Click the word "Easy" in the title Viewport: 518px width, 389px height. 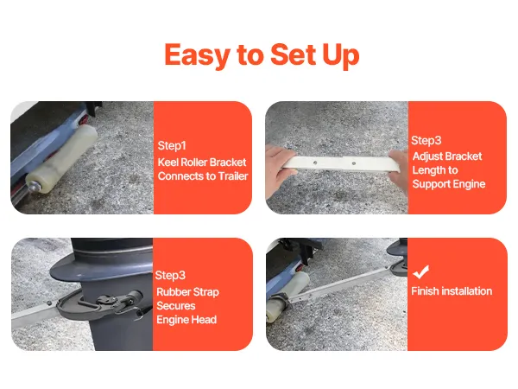click(197, 55)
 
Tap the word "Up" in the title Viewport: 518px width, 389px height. click(341, 55)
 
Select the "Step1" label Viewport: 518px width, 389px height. click(172, 145)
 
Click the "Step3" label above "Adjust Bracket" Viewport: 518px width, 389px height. click(426, 140)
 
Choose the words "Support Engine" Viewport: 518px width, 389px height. click(449, 184)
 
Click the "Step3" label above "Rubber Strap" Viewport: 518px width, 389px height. click(170, 275)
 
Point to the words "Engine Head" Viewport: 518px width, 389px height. click(186, 320)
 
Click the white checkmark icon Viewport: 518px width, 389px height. click(421, 271)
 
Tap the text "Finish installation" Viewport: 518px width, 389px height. click(452, 291)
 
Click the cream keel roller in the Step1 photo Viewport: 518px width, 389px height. click(62, 158)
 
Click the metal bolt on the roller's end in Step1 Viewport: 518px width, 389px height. click(34, 187)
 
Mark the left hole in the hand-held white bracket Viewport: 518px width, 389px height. click(315, 163)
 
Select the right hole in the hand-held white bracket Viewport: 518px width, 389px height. click(353, 163)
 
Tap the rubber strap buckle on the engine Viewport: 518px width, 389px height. click(107, 300)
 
